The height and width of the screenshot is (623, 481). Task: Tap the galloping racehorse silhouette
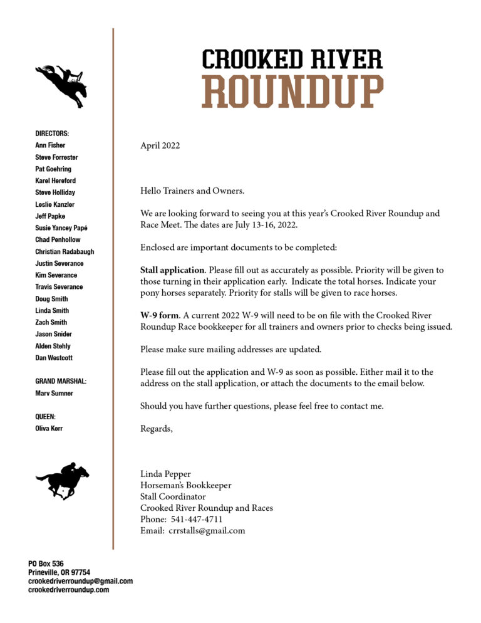[x=62, y=481]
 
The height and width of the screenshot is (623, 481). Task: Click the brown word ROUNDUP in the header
[x=292, y=92]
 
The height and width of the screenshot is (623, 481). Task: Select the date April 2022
[x=160, y=146]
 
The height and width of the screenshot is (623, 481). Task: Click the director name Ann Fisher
[x=50, y=145]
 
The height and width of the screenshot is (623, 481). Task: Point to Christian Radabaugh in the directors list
[x=65, y=251]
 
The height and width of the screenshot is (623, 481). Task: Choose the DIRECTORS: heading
[x=52, y=133]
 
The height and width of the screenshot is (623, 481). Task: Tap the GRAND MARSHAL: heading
[x=61, y=381]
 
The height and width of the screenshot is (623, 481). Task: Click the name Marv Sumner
[x=54, y=393]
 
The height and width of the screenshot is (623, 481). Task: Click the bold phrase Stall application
[x=172, y=270]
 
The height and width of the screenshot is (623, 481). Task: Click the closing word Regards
[x=156, y=429]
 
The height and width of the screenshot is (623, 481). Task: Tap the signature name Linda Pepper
[x=166, y=474]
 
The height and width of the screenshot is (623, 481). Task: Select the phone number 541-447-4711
[x=196, y=519]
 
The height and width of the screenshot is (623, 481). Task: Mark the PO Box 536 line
[x=46, y=564]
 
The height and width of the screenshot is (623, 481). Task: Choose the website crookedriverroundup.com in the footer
[x=68, y=590]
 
